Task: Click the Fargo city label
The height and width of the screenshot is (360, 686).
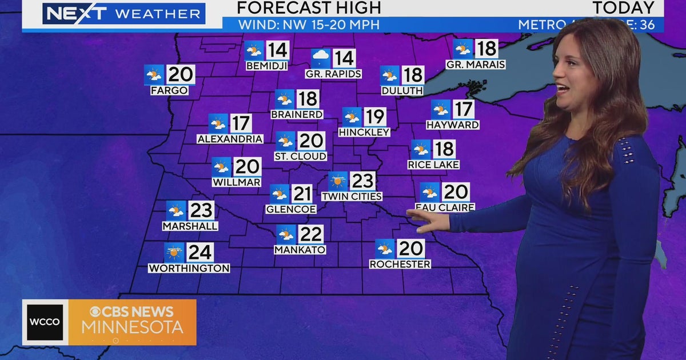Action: pyautogui.click(x=169, y=90)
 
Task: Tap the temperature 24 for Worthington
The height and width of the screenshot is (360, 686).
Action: pyautogui.click(x=200, y=252)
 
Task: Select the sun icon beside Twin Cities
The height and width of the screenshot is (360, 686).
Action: pyautogui.click(x=338, y=181)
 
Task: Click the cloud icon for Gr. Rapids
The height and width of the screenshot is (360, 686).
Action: pyautogui.click(x=321, y=58)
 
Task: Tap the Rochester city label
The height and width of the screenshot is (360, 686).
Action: pyautogui.click(x=400, y=264)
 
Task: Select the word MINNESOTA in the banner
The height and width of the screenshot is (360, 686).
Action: pyautogui.click(x=132, y=327)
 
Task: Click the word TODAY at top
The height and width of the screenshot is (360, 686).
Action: pyautogui.click(x=623, y=8)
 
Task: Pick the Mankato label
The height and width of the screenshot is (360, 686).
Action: pyautogui.click(x=300, y=250)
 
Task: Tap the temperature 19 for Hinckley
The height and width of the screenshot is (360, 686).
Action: pyautogui.click(x=374, y=117)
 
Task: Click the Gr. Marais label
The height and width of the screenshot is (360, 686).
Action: pyautogui.click(x=476, y=65)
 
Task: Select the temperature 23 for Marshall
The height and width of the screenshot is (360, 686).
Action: pyautogui.click(x=201, y=210)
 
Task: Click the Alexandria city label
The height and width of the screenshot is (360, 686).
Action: pyautogui.click(x=230, y=139)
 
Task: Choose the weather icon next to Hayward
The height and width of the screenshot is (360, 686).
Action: pyautogui.click(x=441, y=109)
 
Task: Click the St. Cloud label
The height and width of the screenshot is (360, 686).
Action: pyautogui.click(x=300, y=156)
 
